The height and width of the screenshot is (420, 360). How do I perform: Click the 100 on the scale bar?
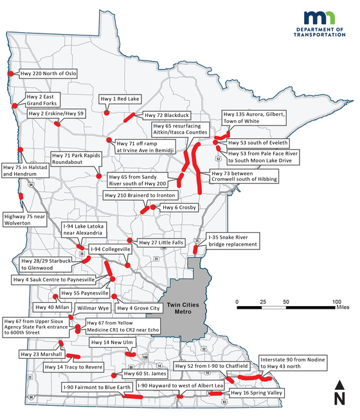pyautogui.click(x=336, y=302)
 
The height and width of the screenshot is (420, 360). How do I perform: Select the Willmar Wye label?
pyautogui.click(x=94, y=309)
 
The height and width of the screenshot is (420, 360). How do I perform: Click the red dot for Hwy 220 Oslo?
pyautogui.click(x=11, y=74)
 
